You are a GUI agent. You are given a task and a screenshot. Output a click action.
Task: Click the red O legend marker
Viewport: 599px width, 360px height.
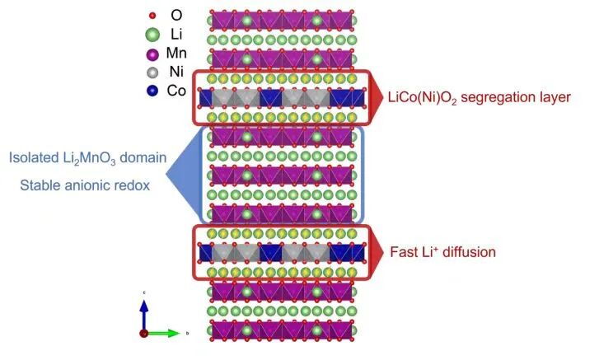point(152,16)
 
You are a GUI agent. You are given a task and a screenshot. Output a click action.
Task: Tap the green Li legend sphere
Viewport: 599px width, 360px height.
point(152,35)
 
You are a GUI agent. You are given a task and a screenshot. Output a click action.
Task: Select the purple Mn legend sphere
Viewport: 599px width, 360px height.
point(152,54)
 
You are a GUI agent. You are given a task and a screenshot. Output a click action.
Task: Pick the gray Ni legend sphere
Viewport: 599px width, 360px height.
point(152,72)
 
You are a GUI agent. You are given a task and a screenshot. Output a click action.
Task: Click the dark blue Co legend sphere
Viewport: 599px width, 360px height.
point(152,91)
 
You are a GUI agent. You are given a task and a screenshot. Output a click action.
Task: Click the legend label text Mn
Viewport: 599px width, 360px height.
point(177,54)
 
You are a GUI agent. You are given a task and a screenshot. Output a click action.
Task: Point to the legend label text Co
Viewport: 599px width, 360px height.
point(176,91)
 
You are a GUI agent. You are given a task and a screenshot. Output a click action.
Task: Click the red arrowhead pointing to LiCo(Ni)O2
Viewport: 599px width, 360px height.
point(375,96)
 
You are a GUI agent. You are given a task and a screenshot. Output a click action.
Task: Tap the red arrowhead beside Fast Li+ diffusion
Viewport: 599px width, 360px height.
point(375,251)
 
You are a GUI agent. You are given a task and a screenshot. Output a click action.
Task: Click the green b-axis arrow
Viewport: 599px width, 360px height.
point(165,333)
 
